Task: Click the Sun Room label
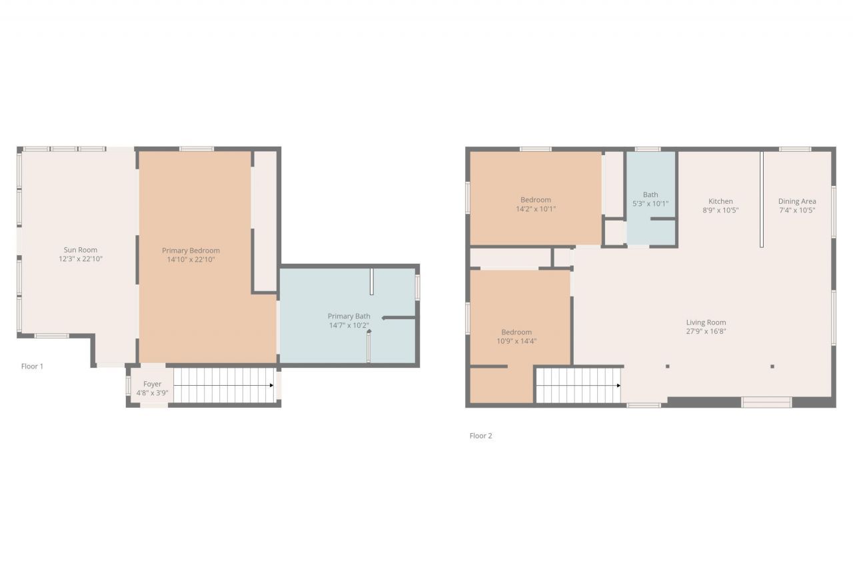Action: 80,250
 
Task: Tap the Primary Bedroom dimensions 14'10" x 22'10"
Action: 191,260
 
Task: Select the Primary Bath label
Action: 349,316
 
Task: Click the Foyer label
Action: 152,384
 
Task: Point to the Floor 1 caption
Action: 32,366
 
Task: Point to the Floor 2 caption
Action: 480,436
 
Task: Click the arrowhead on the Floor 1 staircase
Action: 271,385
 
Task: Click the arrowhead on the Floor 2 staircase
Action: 619,385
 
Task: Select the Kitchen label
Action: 720,201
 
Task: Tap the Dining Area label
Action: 797,201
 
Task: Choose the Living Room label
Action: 706,322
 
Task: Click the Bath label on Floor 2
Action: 650,195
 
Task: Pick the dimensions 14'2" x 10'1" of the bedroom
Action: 536,209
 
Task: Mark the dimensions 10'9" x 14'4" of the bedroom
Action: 516,341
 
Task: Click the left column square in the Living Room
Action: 668,366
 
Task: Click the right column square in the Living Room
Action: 772,366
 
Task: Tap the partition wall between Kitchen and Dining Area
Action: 762,200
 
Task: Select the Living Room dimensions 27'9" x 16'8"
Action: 706,331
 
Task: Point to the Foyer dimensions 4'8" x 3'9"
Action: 152,393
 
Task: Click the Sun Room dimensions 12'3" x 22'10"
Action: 80,259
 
